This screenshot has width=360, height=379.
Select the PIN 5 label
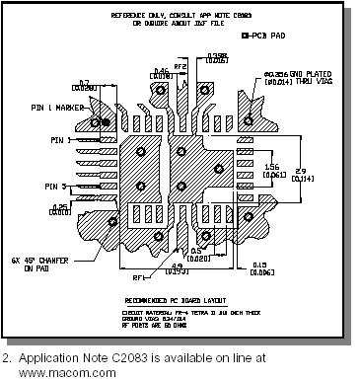tap(41, 186)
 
